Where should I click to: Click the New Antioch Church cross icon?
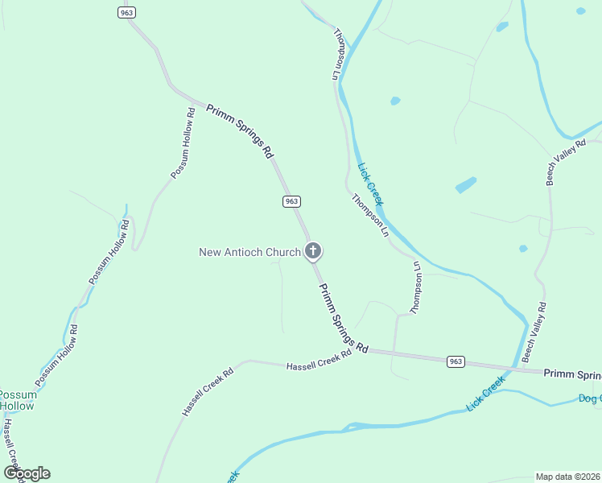pos(313,251)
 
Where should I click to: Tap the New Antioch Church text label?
pos(249,252)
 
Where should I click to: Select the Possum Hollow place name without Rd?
pos(16,400)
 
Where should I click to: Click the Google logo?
pos(27,473)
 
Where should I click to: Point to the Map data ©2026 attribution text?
pos(567,477)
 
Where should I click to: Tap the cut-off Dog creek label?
pos(590,398)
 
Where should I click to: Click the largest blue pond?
pos(466,185)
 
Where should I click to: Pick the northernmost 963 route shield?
pos(126,12)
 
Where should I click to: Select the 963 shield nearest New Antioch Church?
pos(291,201)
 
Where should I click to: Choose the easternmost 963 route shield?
pos(456,361)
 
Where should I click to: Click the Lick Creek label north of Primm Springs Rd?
pos(370,184)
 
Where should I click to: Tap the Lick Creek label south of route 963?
pos(485,394)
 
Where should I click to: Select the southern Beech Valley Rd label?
pos(534,331)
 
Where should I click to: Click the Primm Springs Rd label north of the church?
pos(240,130)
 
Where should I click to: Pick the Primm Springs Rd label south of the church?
pos(343,319)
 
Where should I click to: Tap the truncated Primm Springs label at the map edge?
pos(572,374)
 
